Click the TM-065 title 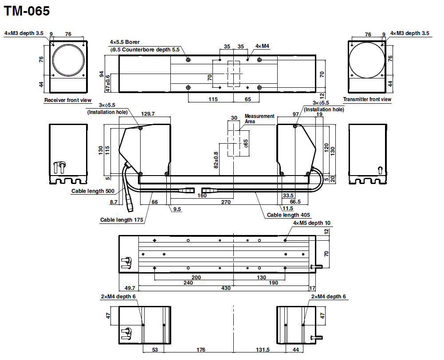(x=27, y=11)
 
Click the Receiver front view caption (x=68, y=100)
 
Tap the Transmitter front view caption (x=367, y=99)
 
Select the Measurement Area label (x=259, y=119)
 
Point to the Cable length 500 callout (x=93, y=191)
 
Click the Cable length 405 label (x=288, y=215)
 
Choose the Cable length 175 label (x=122, y=220)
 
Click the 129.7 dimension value (x=148, y=114)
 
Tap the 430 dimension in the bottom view (x=226, y=288)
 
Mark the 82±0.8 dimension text (x=216, y=160)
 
